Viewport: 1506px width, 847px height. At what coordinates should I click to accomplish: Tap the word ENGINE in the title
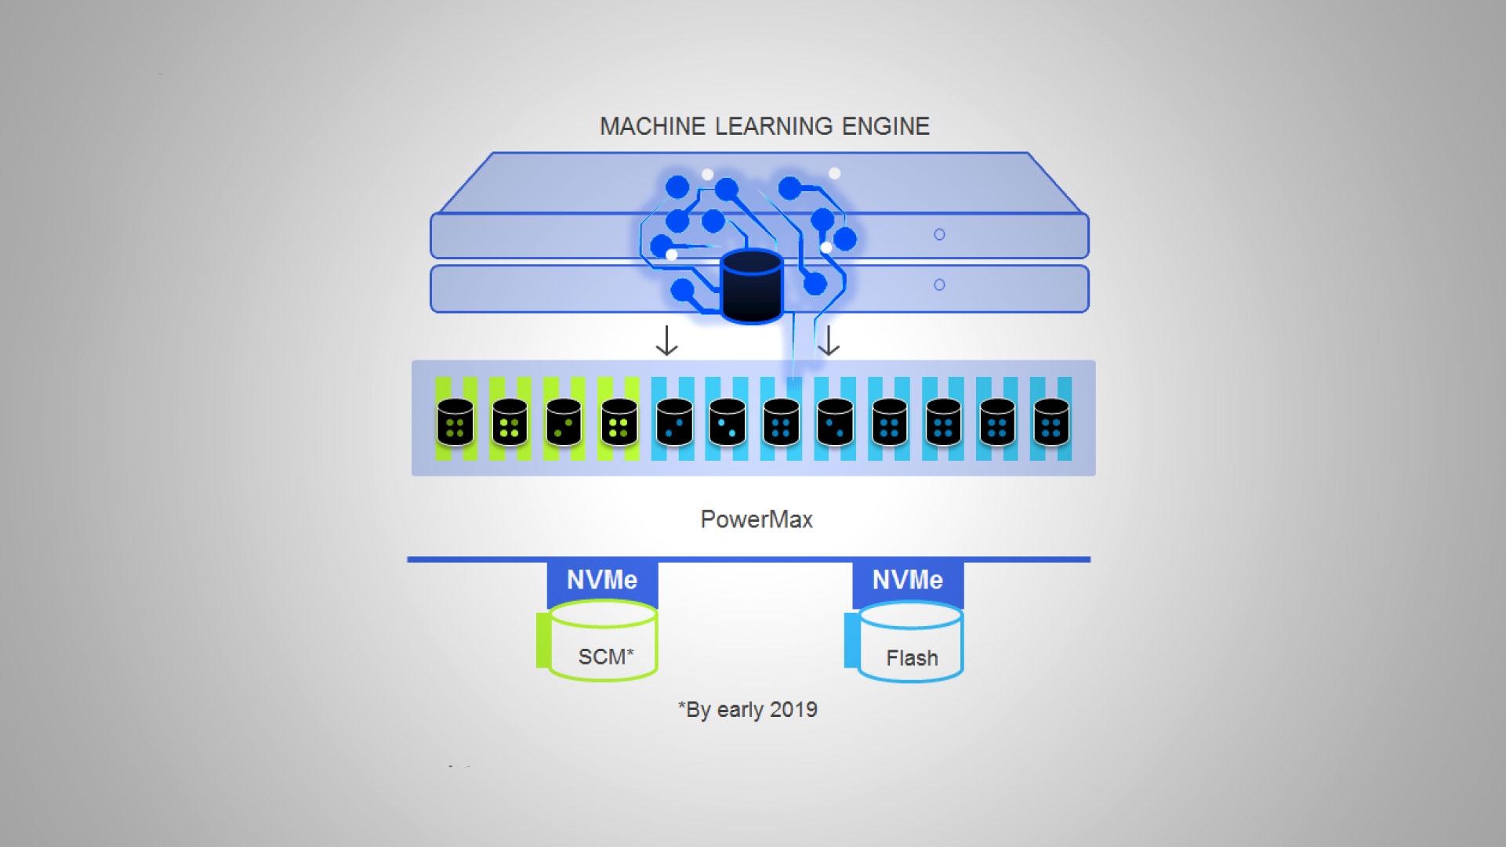(x=885, y=126)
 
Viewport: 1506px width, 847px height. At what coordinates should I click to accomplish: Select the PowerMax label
(x=756, y=519)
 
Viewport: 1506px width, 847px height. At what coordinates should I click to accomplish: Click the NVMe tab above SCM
(x=602, y=580)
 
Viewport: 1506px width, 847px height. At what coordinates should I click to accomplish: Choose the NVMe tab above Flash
(x=907, y=580)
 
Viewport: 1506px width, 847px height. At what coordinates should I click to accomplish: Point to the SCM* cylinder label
(x=605, y=657)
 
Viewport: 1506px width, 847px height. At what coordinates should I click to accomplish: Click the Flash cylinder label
(x=912, y=658)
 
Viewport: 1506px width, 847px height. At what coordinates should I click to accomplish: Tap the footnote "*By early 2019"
(x=747, y=710)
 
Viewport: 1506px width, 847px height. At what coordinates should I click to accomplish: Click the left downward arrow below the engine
(x=666, y=341)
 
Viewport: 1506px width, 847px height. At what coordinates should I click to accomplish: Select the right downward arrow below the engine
(x=829, y=341)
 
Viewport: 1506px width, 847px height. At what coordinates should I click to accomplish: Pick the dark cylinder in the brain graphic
(x=751, y=287)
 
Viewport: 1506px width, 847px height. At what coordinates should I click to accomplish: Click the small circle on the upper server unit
(x=939, y=234)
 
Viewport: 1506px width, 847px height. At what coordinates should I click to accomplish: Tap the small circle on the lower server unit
(x=939, y=285)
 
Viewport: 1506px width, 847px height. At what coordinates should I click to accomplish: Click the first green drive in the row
(x=455, y=422)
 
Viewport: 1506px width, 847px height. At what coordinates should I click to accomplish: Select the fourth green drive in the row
(x=619, y=422)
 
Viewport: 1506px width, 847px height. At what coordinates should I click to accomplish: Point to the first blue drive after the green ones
(x=673, y=422)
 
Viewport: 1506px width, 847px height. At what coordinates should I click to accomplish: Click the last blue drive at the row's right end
(x=1051, y=422)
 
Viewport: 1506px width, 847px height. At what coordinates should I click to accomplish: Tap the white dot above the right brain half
(x=834, y=173)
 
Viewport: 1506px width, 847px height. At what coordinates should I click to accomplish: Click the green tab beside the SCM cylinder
(x=543, y=640)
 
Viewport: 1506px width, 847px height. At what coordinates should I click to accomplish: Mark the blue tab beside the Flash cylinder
(x=851, y=640)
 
